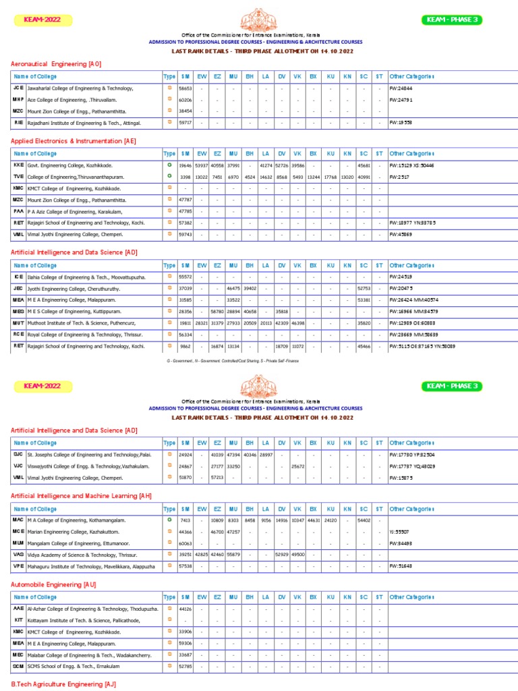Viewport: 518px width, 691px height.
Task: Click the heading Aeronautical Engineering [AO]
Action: pos(56,64)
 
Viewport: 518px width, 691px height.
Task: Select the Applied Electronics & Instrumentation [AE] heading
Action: pos(74,141)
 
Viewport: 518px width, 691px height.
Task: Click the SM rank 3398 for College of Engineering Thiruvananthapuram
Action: pos(185,177)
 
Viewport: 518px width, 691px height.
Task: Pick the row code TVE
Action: pos(18,177)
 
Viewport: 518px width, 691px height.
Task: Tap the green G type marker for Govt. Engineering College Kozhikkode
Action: pos(169,165)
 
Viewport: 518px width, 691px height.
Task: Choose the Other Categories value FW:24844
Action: pos(401,88)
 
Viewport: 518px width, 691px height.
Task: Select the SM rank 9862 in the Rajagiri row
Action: pos(185,346)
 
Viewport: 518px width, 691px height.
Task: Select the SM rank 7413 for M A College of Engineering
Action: pos(185,520)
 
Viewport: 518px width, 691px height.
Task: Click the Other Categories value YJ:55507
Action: pos(400,532)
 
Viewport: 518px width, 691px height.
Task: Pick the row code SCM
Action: pos(18,666)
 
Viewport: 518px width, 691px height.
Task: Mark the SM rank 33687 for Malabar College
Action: pos(185,655)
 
